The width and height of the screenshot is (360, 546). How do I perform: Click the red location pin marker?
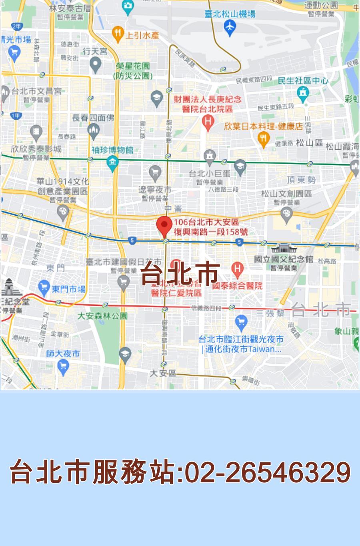click(x=164, y=226)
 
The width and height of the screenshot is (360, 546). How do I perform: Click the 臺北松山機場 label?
click(x=230, y=14)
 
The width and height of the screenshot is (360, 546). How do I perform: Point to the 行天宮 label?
click(x=95, y=51)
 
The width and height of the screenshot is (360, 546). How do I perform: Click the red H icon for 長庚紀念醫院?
click(x=208, y=121)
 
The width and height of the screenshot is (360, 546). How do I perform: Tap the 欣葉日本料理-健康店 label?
click(x=263, y=126)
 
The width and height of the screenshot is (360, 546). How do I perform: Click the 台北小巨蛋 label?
click(x=210, y=173)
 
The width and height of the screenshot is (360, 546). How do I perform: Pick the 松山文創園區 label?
click(x=286, y=194)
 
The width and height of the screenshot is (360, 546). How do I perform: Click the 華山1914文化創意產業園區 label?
click(x=63, y=186)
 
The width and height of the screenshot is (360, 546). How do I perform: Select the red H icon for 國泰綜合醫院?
click(x=237, y=270)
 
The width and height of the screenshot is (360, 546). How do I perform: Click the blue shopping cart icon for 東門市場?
click(x=44, y=287)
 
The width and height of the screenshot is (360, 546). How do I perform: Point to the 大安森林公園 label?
click(x=102, y=316)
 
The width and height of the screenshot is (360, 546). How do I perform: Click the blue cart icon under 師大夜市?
click(x=63, y=365)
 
